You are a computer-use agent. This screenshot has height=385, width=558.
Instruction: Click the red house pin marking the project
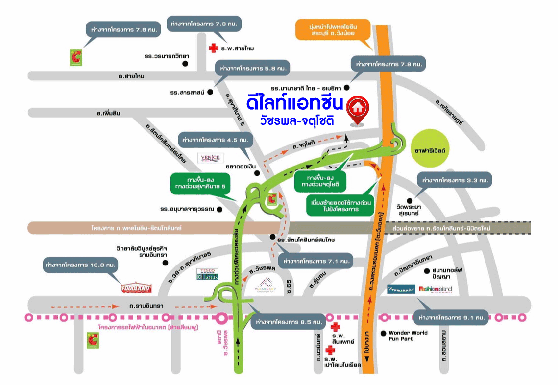[x=358, y=108]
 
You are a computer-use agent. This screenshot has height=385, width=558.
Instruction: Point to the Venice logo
[x=211, y=158]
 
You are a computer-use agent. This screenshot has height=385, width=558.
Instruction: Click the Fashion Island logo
[x=435, y=289]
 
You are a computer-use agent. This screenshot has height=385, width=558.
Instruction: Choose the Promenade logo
[x=401, y=289]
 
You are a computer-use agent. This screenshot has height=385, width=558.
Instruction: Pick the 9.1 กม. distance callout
[x=451, y=318]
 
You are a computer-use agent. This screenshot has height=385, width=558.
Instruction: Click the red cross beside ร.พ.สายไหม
[x=213, y=48]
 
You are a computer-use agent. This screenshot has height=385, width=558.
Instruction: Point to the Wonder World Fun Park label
[x=408, y=336]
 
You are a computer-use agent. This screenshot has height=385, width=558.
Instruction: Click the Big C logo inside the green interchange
[x=272, y=197]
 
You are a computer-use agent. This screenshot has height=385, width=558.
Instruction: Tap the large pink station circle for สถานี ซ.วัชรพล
[x=222, y=318]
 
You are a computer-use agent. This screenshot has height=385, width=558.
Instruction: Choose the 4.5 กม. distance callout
[x=215, y=140]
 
